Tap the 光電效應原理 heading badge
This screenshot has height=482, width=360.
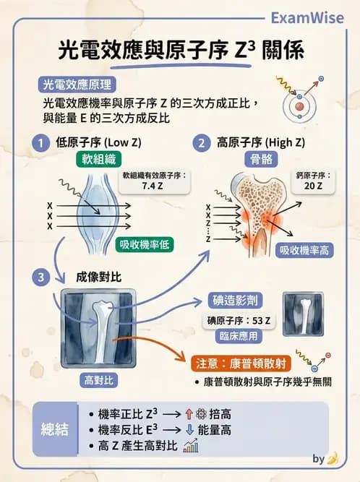(82, 84)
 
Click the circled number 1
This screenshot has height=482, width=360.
(45, 142)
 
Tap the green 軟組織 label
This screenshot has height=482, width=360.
(96, 159)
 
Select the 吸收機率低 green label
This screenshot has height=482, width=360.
(143, 244)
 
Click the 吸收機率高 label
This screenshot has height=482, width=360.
(305, 250)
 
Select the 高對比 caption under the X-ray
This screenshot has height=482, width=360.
(100, 379)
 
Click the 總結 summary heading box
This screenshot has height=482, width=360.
(55, 429)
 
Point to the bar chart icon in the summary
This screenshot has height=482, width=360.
(191, 447)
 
